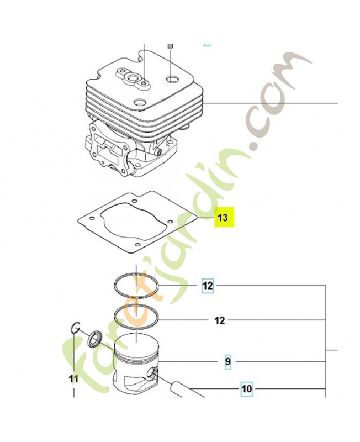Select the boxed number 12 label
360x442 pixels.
click(x=208, y=286)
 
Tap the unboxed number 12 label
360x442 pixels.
click(x=220, y=320)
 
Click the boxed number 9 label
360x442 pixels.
click(x=227, y=362)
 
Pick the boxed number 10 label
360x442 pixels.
click(x=247, y=389)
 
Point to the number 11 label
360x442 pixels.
click(x=73, y=379)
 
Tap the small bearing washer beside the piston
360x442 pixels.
click(x=93, y=340)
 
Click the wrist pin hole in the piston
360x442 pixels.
click(x=152, y=373)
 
